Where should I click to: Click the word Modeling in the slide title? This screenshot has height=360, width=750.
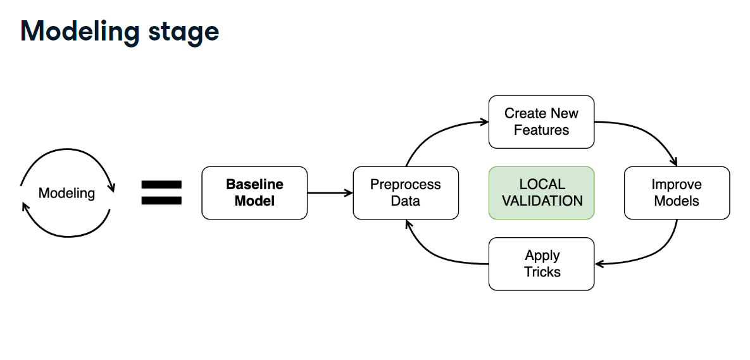pyautogui.click(x=80, y=32)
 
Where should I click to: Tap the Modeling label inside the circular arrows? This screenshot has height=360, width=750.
pyautogui.click(x=66, y=193)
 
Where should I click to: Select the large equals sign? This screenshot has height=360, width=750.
pyautogui.click(x=161, y=193)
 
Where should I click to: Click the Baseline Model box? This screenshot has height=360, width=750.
pyautogui.click(x=254, y=193)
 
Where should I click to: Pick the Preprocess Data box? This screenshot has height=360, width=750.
pyautogui.click(x=406, y=193)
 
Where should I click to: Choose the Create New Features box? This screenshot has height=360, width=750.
pyautogui.click(x=541, y=122)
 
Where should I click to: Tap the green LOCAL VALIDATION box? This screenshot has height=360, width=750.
pyautogui.click(x=541, y=193)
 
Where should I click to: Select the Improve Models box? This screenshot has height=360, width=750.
pyautogui.click(x=677, y=193)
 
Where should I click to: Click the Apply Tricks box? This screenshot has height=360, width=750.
pyautogui.click(x=541, y=264)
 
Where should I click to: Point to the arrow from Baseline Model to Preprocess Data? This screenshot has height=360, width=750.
pyautogui.click(x=330, y=193)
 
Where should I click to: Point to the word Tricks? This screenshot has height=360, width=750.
pyautogui.click(x=542, y=271)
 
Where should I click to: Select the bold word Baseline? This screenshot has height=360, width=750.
pyautogui.click(x=254, y=185)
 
